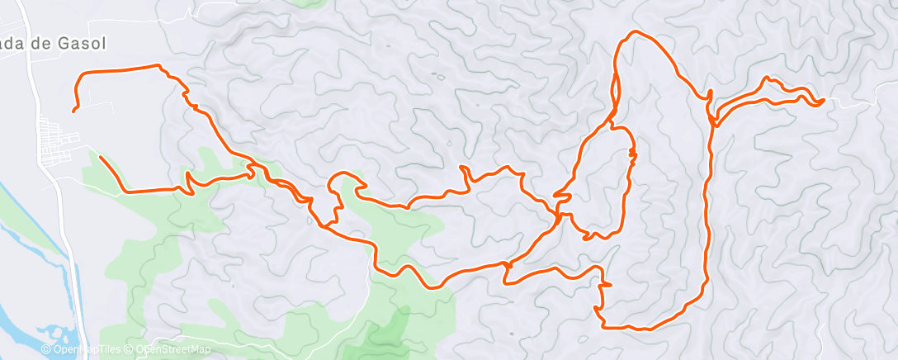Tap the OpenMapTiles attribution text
[87, 349]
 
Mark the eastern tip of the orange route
[823, 102]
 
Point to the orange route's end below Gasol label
[73, 110]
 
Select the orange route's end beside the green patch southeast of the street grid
[100, 157]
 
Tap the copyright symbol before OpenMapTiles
[45, 349]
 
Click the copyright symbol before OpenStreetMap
[129, 349]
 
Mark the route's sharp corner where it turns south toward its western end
[78, 77]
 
